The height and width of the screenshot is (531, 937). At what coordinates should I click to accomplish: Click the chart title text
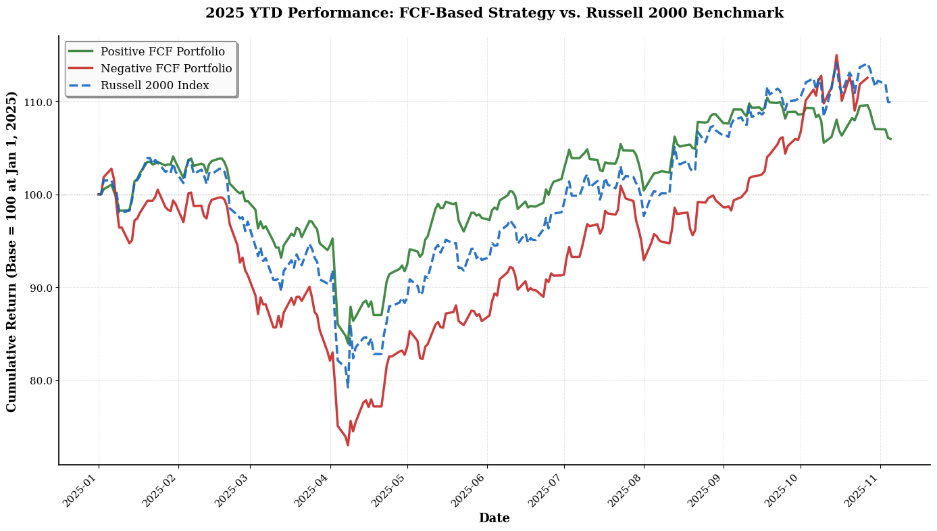[494, 14]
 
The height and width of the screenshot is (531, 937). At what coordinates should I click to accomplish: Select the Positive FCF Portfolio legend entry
[162, 52]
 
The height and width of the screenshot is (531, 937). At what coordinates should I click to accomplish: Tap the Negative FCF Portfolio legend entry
[166, 69]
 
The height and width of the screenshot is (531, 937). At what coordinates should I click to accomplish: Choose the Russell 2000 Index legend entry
[154, 86]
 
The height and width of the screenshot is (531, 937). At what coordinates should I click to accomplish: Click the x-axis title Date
[494, 518]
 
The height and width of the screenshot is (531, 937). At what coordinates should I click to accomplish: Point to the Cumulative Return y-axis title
[12, 251]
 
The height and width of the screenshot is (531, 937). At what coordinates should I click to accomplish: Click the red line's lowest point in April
[348, 445]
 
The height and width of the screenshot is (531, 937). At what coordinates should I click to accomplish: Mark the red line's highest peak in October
[836, 55]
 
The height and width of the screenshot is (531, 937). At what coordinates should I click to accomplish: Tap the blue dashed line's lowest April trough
[348, 387]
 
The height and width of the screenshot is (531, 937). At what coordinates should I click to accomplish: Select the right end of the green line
[890, 139]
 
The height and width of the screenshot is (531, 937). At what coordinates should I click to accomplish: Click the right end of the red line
[867, 77]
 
